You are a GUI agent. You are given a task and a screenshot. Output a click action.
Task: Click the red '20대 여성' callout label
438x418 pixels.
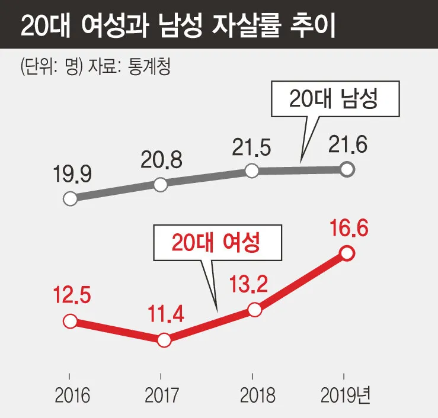[x=216, y=242]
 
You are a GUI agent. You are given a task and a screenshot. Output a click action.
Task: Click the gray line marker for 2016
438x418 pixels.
[x=70, y=198]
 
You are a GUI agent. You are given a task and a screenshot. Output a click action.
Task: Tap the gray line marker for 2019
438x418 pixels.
[x=347, y=170]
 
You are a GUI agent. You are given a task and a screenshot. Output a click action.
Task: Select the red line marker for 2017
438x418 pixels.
[x=164, y=340]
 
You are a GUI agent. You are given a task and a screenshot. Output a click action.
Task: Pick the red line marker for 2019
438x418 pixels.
[x=347, y=254]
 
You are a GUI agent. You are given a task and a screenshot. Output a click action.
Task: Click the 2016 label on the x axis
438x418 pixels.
[x=71, y=396]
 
